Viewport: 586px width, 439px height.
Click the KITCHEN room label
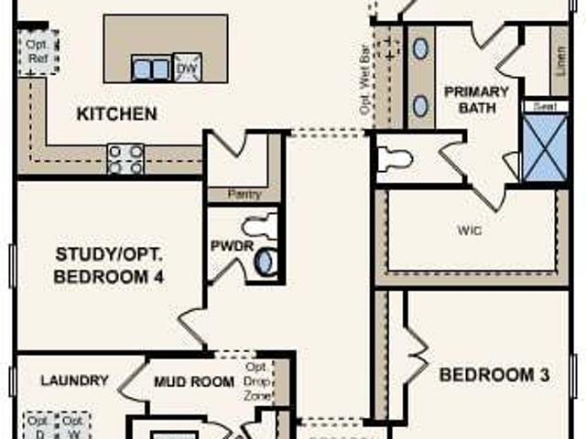point(116,114)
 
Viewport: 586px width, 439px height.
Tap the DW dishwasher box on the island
point(187,68)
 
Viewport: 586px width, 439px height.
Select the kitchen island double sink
point(151,68)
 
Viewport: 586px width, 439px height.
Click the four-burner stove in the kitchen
point(125,158)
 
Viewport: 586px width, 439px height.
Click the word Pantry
point(244,194)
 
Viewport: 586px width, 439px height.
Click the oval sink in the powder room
point(266,262)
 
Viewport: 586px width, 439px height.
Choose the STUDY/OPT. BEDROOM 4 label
point(109,265)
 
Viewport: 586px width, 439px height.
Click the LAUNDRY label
point(75,380)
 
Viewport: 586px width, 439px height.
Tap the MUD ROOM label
point(193,381)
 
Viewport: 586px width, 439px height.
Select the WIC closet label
point(470,230)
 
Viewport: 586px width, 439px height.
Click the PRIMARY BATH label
point(477,100)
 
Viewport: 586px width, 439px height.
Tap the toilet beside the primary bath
point(395,159)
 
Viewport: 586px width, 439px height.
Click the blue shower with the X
point(544,147)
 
